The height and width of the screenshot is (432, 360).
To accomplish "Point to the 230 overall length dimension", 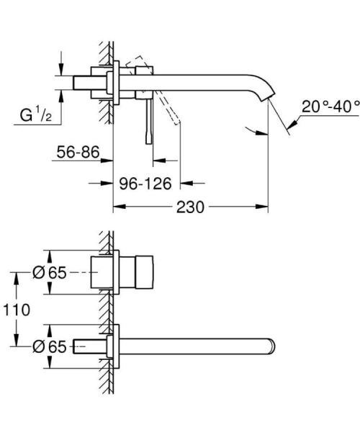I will [x=190, y=207].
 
